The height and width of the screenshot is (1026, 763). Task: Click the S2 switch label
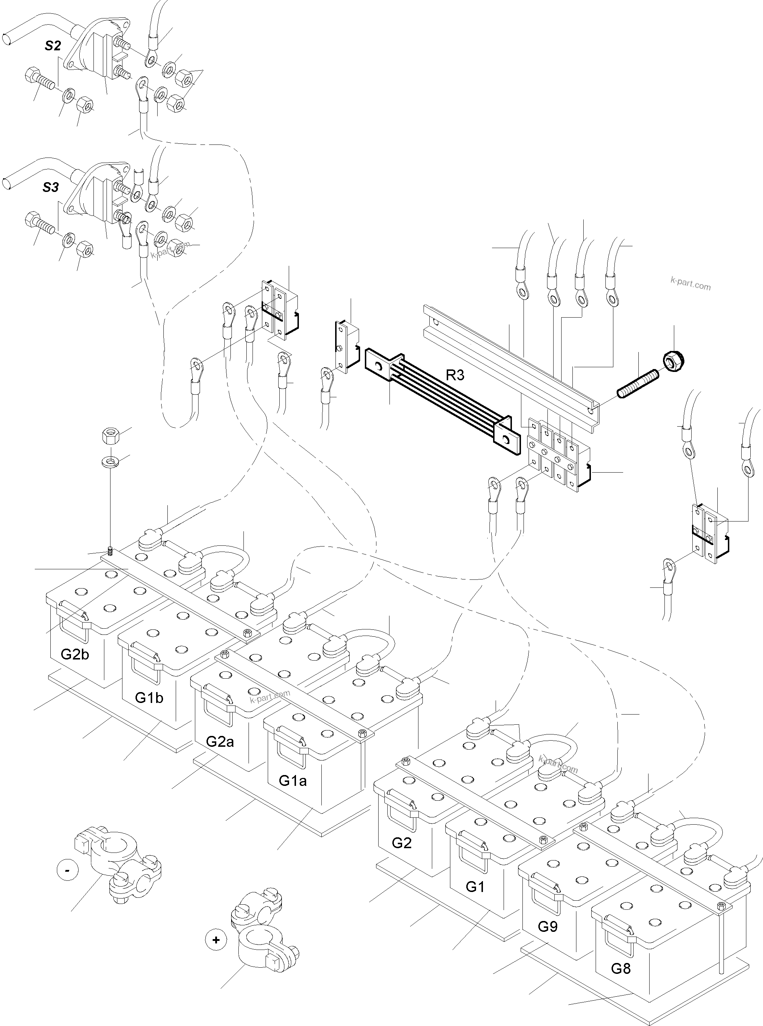point(53,45)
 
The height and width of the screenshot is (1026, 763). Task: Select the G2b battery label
point(75,654)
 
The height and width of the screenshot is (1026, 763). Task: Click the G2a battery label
point(220,741)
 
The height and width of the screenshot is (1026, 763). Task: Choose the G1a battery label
point(293,780)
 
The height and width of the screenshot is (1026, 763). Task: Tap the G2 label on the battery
point(401,843)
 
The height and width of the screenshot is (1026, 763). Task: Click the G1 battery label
point(475,887)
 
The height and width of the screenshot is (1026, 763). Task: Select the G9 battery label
point(548,926)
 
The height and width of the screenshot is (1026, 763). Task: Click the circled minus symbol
point(68,870)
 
